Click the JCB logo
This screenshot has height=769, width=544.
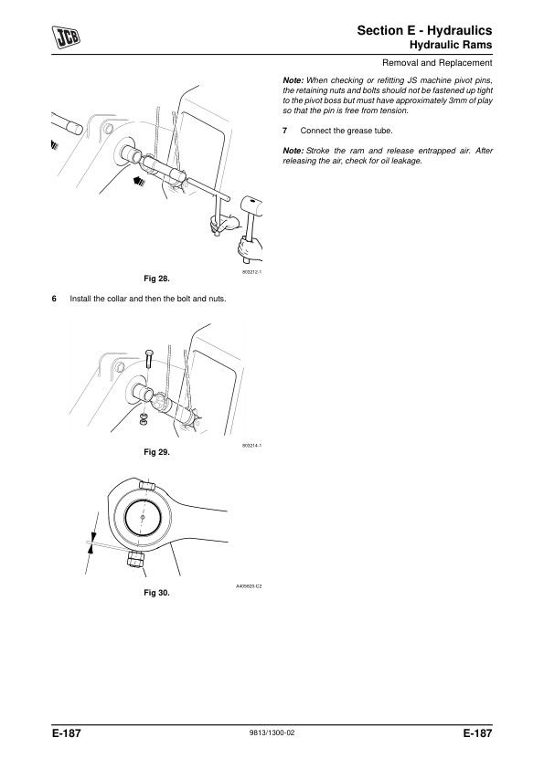click(67, 37)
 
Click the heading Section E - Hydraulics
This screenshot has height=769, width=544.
click(424, 30)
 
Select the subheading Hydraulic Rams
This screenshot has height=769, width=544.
click(451, 45)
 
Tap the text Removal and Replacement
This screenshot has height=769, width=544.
click(437, 63)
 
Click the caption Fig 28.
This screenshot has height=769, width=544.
click(156, 279)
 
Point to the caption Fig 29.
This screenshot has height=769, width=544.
click(156, 452)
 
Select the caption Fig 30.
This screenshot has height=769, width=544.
click(156, 593)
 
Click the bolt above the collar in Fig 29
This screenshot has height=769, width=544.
click(149, 359)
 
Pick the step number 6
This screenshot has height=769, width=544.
click(54, 299)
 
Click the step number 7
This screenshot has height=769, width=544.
click(284, 131)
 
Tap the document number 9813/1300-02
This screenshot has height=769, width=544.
click(272, 733)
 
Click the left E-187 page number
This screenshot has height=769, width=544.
click(66, 733)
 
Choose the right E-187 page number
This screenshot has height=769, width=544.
click(477, 733)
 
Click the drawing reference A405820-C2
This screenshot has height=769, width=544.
click(249, 586)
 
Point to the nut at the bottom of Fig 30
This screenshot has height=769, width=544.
click(136, 559)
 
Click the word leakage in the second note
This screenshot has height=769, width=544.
click(406, 161)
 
